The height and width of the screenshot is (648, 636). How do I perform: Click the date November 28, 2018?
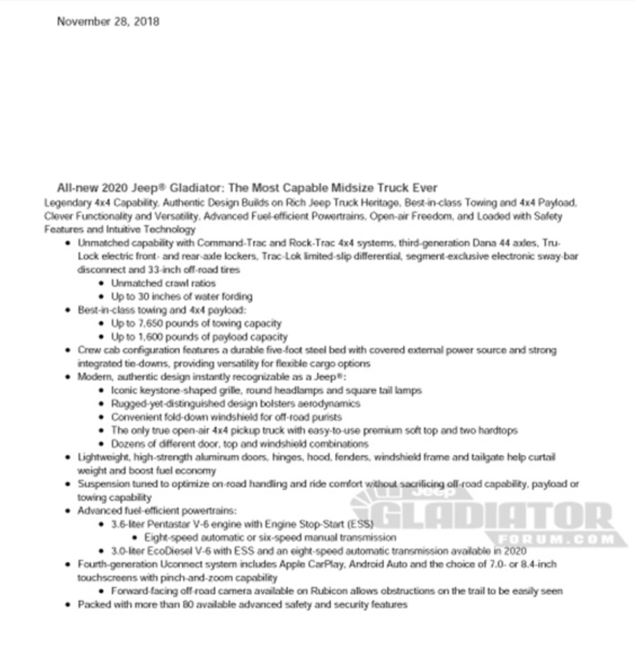[x=108, y=22]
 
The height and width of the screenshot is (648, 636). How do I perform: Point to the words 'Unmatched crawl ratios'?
[x=163, y=283]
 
